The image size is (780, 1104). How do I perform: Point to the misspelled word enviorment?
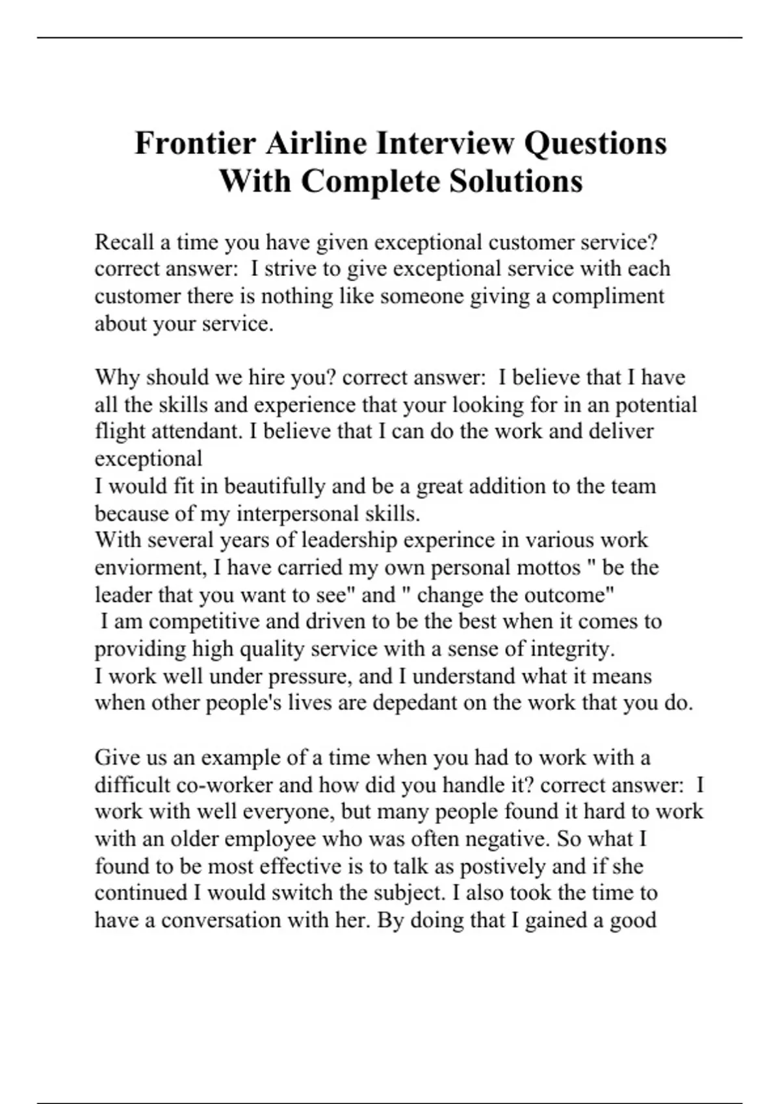[149, 568]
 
